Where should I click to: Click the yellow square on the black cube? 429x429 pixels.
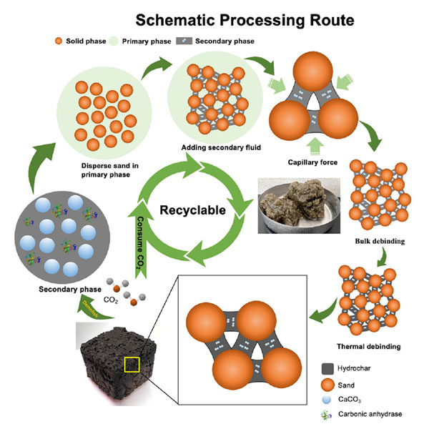point(132,365)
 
